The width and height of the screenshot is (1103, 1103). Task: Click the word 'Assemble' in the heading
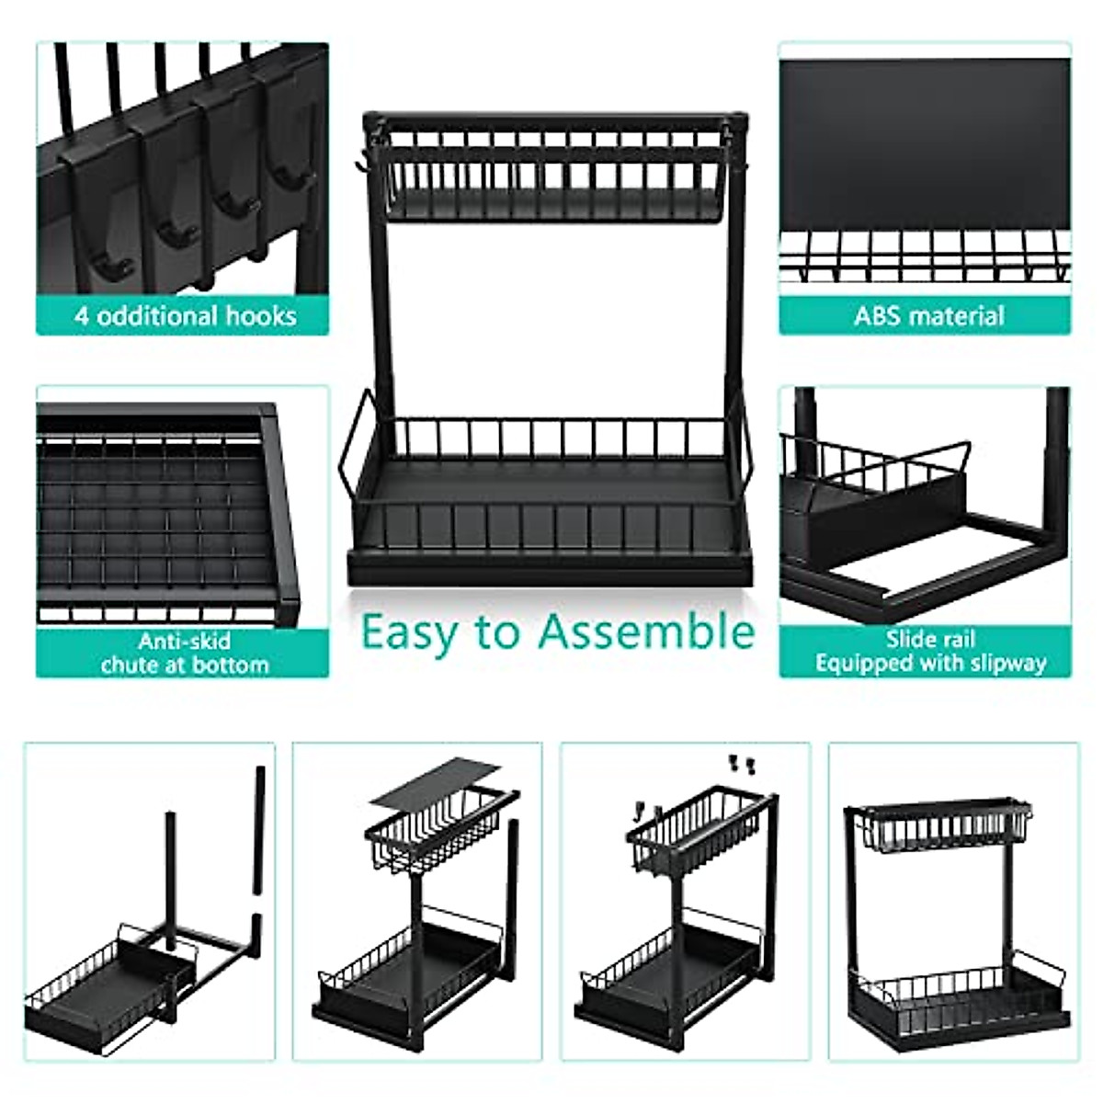coord(645,631)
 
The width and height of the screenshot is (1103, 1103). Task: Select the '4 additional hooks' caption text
coord(185,316)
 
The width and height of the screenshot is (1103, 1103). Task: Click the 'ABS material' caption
coord(928,316)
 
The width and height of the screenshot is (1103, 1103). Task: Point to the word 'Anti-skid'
coord(184,641)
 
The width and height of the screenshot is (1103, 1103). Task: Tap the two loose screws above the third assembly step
coord(741,763)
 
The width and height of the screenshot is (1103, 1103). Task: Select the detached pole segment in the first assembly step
coord(259,829)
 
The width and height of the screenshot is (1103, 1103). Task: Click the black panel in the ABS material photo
coord(925,142)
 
